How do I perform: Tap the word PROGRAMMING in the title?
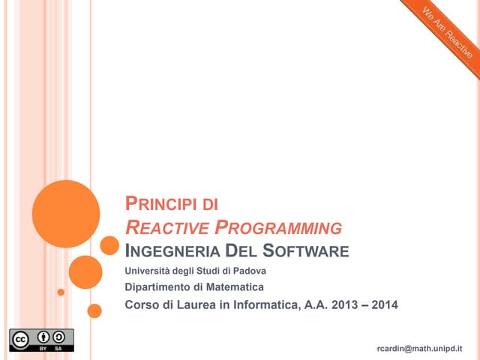pos(278,227)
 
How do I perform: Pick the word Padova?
pos(248,271)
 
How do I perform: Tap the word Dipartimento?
pos(159,286)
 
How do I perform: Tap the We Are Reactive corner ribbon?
pos(447,33)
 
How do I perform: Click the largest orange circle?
pos(66,214)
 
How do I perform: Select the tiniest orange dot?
pos(61,292)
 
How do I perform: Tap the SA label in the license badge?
pos(57,349)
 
